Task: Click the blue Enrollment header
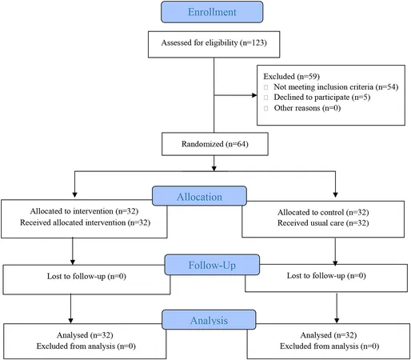tap(212, 12)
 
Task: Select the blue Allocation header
tap(199, 196)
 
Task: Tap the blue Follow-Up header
tap(212, 265)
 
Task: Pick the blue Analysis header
tap(209, 320)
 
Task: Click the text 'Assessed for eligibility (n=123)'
tap(214, 42)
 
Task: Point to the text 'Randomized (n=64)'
tap(215, 144)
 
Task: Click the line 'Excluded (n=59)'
tap(292, 77)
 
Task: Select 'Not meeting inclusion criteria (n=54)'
tap(336, 87)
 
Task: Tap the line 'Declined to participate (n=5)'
tap(322, 98)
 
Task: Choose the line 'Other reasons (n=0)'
tap(307, 108)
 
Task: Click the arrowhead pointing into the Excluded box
tap(254, 95)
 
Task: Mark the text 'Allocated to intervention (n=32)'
tap(84, 211)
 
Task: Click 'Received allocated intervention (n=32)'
tap(85, 222)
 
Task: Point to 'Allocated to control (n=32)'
tap(323, 212)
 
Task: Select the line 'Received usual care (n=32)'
tap(323, 223)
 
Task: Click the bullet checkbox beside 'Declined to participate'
tap(265, 98)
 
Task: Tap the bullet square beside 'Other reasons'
tap(265, 108)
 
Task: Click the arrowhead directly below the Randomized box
tap(214, 168)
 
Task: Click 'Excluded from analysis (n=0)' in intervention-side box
tap(86, 346)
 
